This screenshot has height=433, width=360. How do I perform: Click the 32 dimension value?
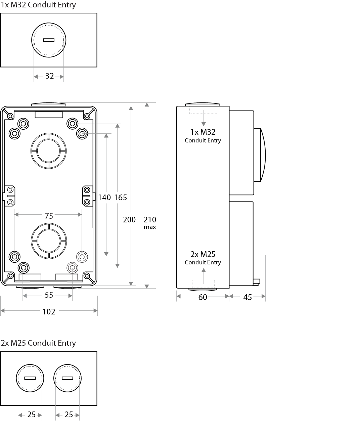point(50,76)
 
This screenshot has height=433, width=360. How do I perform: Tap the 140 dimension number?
point(104,198)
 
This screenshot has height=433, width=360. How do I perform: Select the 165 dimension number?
point(121,198)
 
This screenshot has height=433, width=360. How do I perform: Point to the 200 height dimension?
point(129,220)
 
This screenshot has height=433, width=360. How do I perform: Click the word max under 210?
point(150,227)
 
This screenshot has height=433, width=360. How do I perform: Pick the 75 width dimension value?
point(49,216)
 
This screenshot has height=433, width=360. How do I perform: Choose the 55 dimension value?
point(49,295)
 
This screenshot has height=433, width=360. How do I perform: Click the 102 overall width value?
point(49,312)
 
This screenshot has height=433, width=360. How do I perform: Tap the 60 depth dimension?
point(203,297)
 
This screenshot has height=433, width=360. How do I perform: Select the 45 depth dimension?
point(248,297)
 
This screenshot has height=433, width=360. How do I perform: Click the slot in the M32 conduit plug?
point(49,40)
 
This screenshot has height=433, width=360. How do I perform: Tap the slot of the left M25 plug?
point(30,378)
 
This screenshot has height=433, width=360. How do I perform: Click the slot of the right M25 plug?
point(67,378)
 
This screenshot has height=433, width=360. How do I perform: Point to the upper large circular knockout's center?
point(48,151)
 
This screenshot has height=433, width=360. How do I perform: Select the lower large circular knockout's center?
point(49,241)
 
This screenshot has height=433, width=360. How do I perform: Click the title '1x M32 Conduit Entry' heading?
point(38,5)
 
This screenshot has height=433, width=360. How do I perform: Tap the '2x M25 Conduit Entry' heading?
point(38,343)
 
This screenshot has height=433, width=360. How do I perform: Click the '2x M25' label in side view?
point(203,254)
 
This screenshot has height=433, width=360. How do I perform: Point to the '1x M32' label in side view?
point(203,132)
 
